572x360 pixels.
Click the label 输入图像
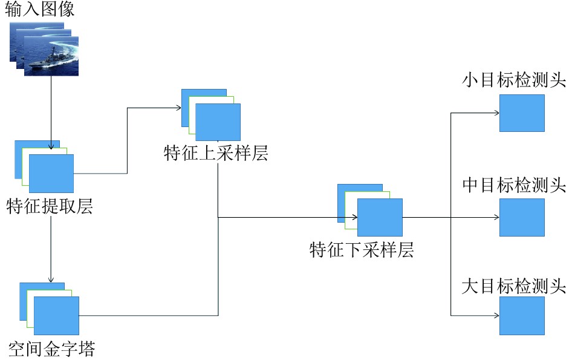coord(40,10)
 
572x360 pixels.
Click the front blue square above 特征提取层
coord(51,174)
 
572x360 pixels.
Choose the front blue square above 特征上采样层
coord(218,122)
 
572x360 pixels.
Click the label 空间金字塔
coord(52,349)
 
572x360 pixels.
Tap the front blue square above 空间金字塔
coord(57,315)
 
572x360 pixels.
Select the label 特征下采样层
coord(362,250)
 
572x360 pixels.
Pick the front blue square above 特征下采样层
coord(380,217)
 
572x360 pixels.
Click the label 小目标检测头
coord(514,80)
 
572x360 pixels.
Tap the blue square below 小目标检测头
coord(522,113)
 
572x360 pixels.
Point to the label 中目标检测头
coord(514,185)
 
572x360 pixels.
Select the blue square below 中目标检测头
coord(522,217)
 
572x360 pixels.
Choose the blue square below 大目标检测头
coord(522,315)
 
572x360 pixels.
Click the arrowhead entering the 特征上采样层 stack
coord(178,108)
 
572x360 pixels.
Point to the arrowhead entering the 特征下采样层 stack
coord(354,217)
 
